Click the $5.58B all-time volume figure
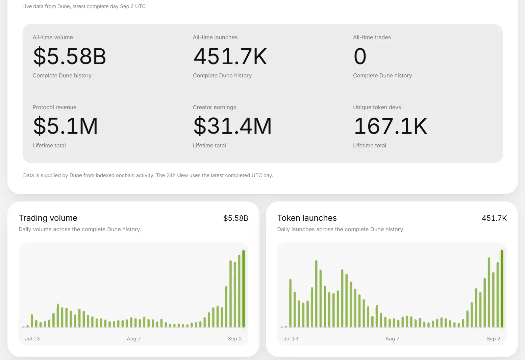pos(70,56)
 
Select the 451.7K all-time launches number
pos(230,56)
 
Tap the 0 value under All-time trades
pos(360,56)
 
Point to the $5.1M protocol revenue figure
pos(66,126)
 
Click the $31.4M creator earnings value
pos(232,126)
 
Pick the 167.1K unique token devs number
pos(390,126)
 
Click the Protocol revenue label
pos(54,107)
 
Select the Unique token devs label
pos(377,107)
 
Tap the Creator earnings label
pos(214,107)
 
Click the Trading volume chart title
pos(48,218)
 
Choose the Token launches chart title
pos(307,218)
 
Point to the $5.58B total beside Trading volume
pos(235,218)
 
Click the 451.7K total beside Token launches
pos(494,218)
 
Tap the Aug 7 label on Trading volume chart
pos(133,339)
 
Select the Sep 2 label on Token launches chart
pos(493,339)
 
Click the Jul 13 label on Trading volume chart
pos(32,339)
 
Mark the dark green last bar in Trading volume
pos(244,288)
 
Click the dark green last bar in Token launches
pos(502,288)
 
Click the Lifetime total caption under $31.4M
pos(209,145)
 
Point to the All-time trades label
pos(372,37)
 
